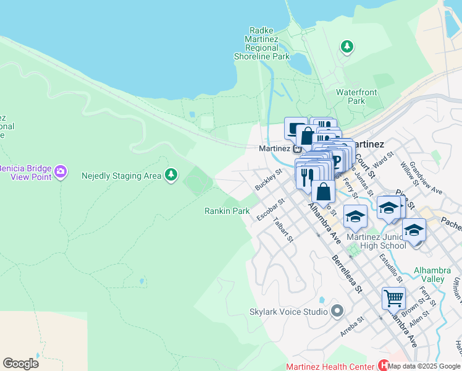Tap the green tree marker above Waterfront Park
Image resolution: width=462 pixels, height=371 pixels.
347,46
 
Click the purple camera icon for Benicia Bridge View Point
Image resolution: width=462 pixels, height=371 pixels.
60,171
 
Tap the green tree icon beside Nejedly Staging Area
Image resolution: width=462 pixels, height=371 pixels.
171,176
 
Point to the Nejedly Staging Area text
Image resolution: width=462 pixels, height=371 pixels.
121,176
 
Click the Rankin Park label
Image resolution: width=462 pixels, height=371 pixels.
227,211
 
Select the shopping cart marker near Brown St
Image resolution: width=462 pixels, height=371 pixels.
393,299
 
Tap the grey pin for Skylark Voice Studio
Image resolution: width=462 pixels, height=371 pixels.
337,310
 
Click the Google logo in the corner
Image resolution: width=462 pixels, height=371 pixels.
20,363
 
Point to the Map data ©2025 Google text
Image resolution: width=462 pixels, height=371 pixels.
424,366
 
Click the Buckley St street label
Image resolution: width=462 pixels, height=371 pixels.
268,180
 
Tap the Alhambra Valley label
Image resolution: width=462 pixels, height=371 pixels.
437,275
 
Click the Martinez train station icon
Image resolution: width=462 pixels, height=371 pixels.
298,148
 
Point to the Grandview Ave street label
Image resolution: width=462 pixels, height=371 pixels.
425,179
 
